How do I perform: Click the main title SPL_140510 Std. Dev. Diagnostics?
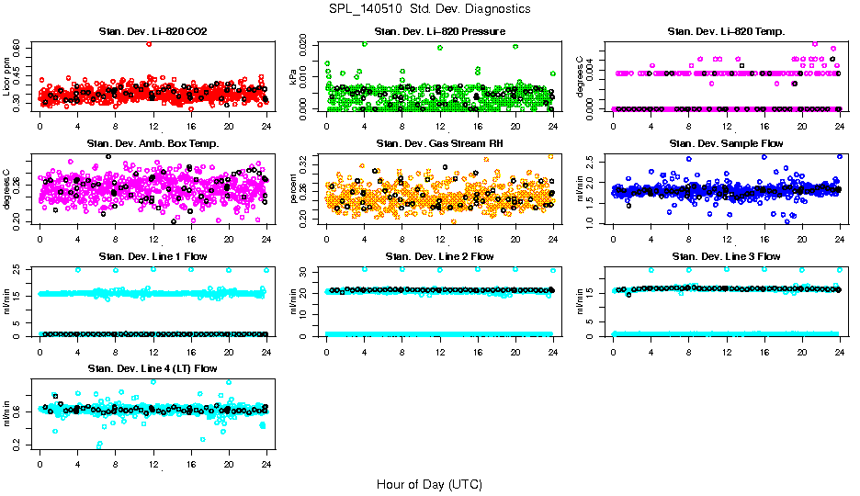point(429,9)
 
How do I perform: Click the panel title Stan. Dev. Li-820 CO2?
point(153,32)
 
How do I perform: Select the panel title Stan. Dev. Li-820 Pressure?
point(439,32)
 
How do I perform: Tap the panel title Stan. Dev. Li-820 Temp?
point(726,32)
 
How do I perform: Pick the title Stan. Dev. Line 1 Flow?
point(153,255)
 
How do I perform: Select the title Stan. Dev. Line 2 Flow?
point(439,255)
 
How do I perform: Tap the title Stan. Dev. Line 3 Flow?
point(726,255)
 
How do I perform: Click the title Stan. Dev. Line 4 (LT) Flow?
point(153,367)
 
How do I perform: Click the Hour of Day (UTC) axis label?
point(429,483)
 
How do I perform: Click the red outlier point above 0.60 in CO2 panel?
point(149,44)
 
